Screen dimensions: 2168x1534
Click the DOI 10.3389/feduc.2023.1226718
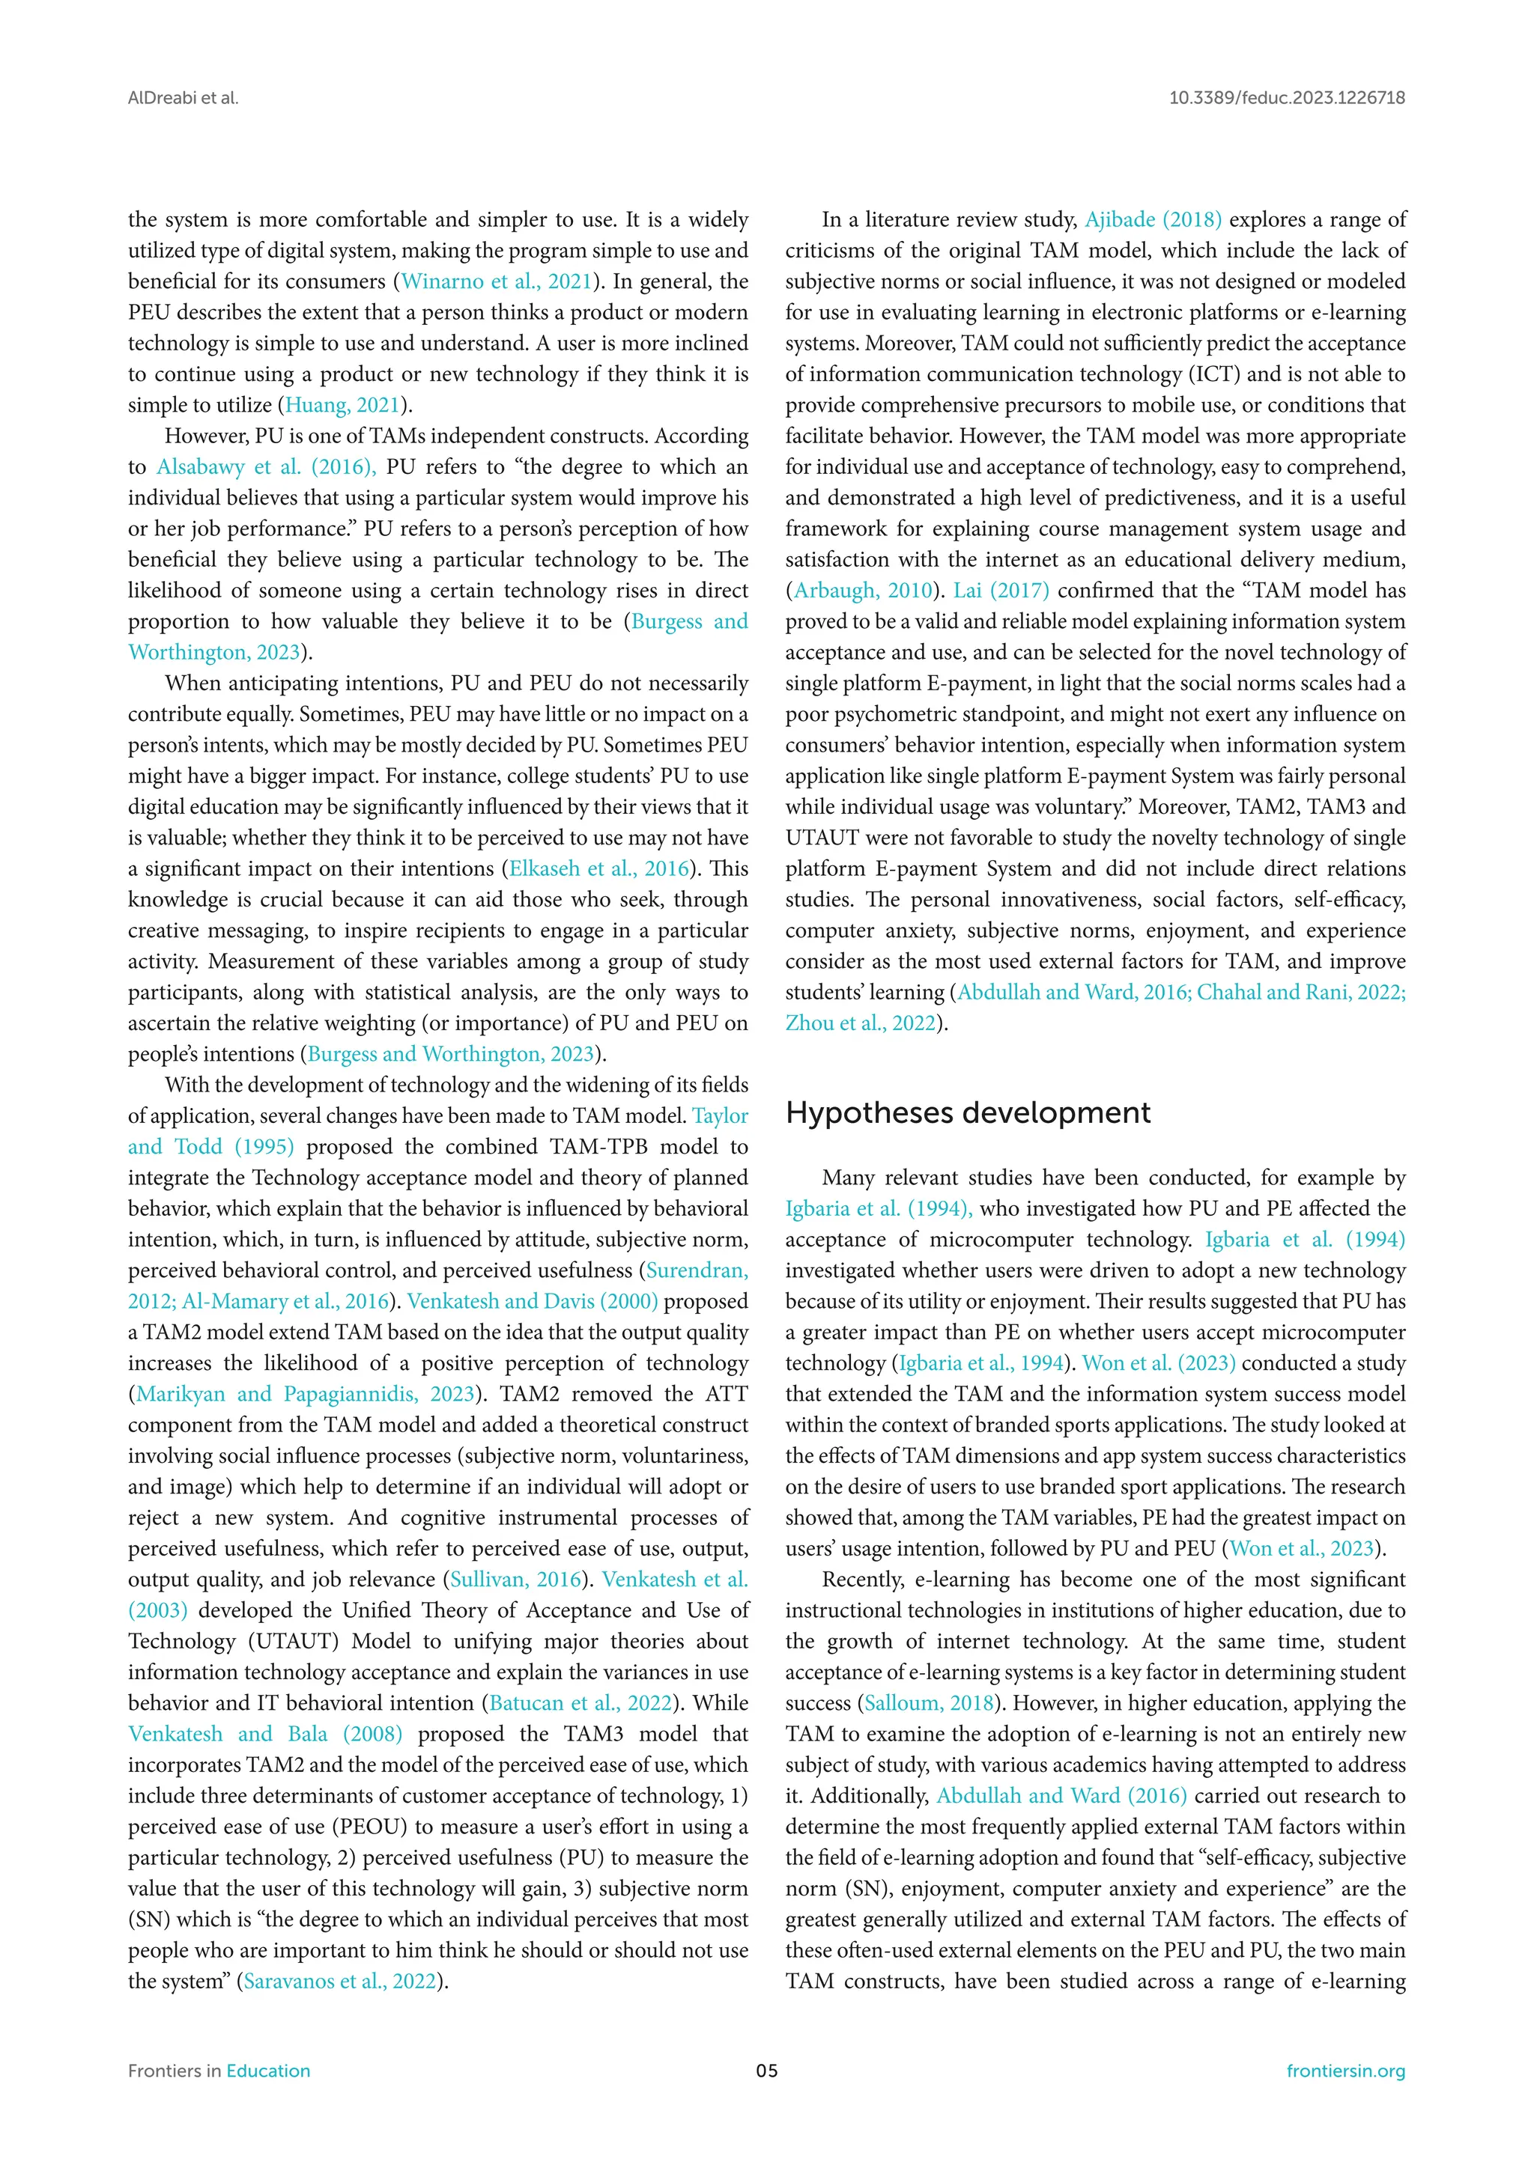1287,98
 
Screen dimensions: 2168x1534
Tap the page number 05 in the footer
767,2071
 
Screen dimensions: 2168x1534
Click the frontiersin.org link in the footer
1345,2071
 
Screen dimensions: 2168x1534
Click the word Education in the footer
268,2071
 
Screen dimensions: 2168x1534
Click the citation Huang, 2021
343,405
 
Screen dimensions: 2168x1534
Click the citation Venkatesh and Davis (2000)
533,1301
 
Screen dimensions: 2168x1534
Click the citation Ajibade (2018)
1153,220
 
